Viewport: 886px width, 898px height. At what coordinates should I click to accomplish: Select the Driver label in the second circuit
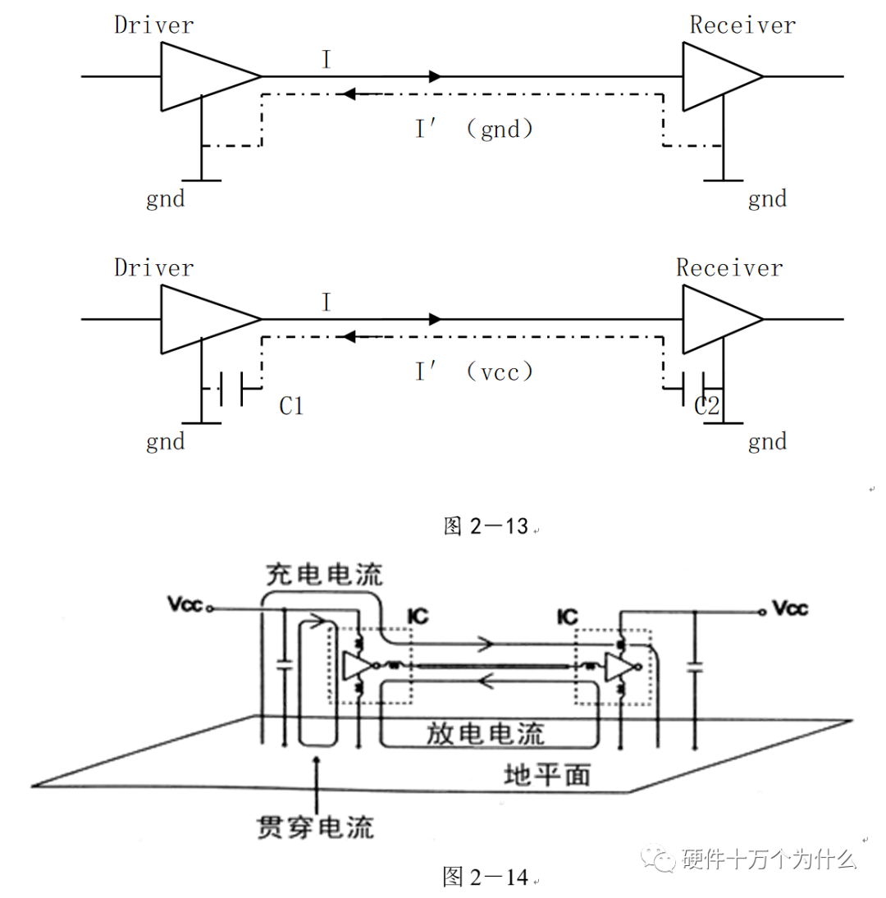[154, 267]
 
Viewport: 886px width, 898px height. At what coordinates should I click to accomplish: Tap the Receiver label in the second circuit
[729, 267]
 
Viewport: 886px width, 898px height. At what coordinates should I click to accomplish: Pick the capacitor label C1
[290, 405]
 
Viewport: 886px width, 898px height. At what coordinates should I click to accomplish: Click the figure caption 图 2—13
[485, 526]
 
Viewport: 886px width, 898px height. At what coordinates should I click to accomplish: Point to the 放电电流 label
[486, 733]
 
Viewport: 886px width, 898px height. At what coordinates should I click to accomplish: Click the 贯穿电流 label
[315, 827]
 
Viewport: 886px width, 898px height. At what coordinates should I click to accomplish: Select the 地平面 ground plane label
[546, 775]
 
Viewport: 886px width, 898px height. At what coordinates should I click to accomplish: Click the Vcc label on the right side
[790, 609]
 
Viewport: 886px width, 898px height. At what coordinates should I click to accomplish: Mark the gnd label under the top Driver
[166, 198]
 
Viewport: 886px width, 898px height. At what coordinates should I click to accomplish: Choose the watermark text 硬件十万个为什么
[769, 859]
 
